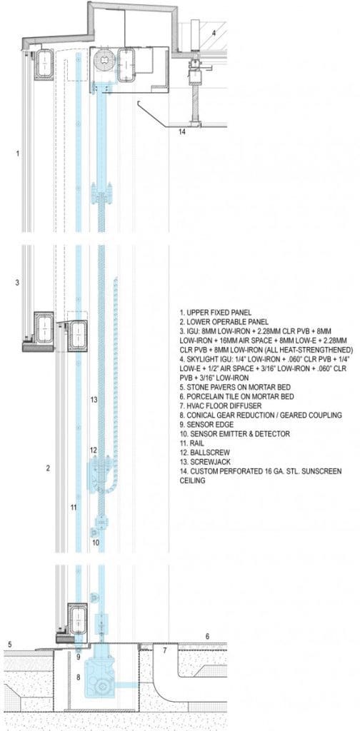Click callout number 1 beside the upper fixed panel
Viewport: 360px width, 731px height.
click(18, 153)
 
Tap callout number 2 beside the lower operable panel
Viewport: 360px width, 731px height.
click(48, 468)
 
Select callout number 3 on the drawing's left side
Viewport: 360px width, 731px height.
click(17, 283)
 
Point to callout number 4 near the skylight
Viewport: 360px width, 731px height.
click(214, 33)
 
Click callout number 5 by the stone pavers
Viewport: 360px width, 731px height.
click(9, 645)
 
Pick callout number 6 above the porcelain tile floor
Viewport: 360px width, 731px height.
click(208, 636)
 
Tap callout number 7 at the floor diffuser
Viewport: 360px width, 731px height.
click(164, 650)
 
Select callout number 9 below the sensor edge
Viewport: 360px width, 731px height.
click(79, 657)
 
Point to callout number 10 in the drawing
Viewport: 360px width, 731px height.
click(96, 543)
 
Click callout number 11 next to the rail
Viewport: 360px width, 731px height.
click(73, 508)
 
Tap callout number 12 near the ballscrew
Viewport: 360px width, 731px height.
click(94, 450)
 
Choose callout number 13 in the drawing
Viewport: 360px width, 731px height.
click(94, 400)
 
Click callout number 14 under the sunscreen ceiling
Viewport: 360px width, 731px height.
click(182, 132)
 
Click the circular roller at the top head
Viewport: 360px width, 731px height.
click(103, 61)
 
